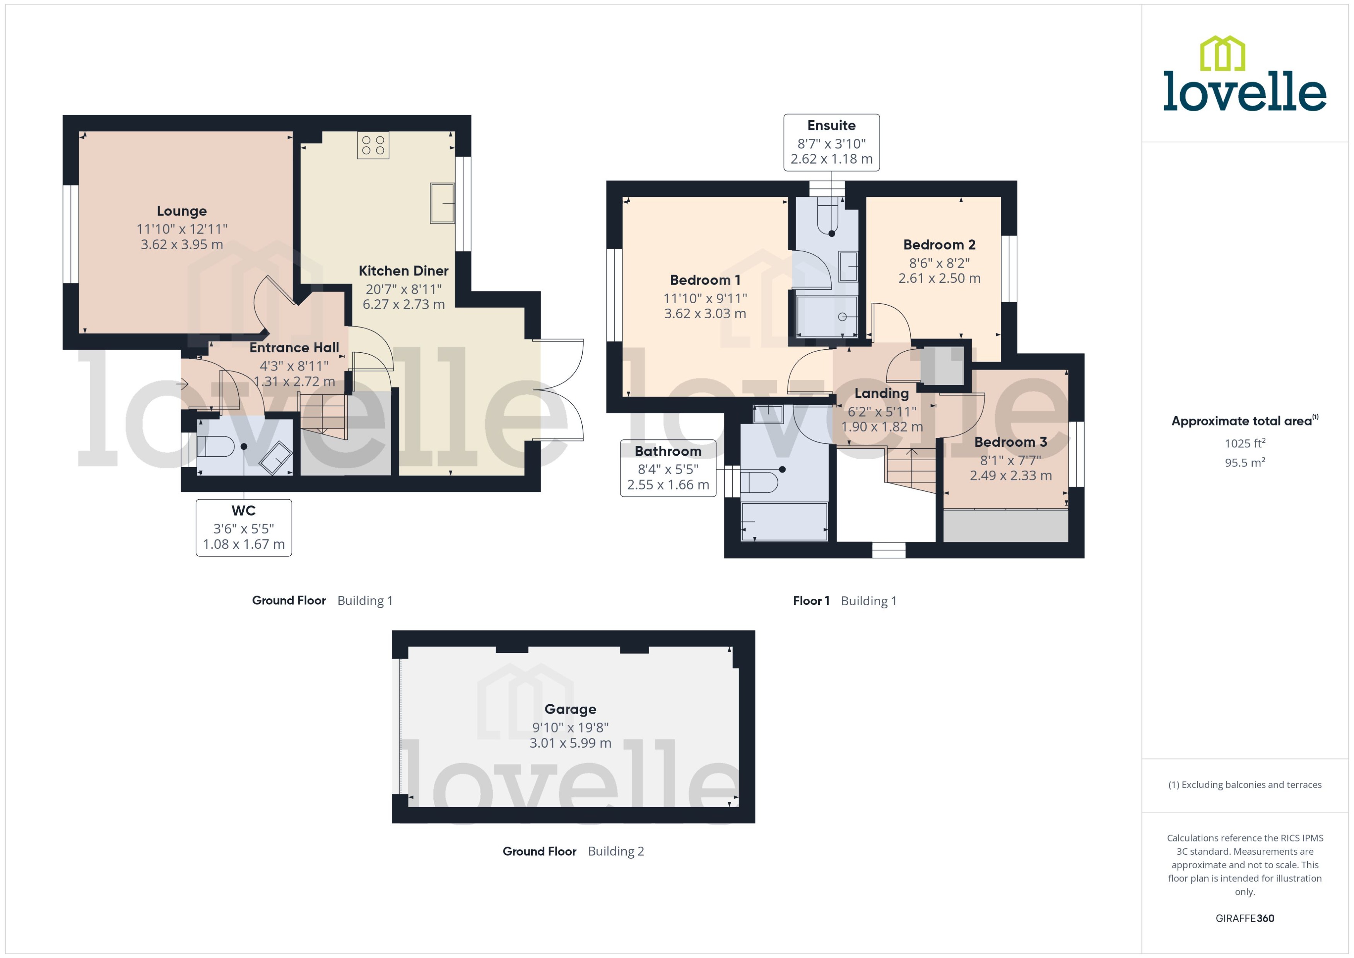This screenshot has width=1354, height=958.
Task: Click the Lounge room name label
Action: click(182, 211)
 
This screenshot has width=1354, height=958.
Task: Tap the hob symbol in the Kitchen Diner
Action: click(373, 145)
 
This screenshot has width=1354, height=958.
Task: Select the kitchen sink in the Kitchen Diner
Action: click(442, 203)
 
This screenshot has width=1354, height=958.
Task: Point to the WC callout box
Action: click(244, 528)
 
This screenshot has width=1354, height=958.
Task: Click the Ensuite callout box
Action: click(831, 143)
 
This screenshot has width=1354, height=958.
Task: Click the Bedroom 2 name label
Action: click(939, 245)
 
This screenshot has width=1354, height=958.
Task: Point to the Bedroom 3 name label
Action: click(1010, 442)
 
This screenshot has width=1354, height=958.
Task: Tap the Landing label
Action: click(881, 393)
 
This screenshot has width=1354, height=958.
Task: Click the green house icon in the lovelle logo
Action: click(1222, 54)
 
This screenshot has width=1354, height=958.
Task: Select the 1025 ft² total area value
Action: click(1245, 443)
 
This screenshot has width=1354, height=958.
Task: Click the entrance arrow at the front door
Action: click(182, 384)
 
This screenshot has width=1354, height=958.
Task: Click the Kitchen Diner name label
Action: click(403, 271)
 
